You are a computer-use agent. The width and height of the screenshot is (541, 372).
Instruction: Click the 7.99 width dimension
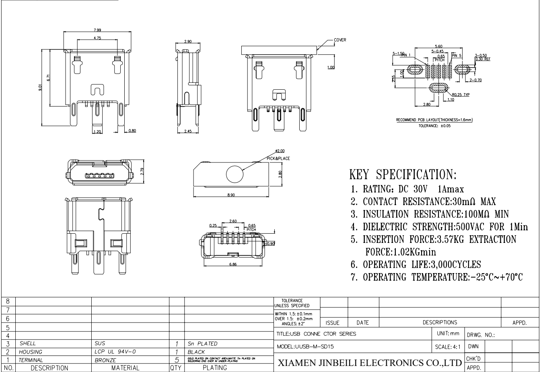(x=97, y=30)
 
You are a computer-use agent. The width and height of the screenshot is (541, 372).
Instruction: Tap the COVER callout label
(x=339, y=40)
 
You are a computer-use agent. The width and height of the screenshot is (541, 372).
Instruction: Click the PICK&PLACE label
(x=278, y=158)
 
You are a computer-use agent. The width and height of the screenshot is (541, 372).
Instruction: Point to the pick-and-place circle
(x=235, y=174)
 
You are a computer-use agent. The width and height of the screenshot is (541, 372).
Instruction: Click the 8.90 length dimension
(x=231, y=195)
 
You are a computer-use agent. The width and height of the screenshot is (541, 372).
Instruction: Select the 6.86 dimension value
(x=233, y=264)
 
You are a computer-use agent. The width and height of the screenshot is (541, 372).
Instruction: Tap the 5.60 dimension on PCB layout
(x=439, y=46)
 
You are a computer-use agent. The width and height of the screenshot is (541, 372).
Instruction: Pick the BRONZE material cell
(x=105, y=360)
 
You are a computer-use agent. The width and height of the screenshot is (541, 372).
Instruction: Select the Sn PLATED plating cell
(x=202, y=344)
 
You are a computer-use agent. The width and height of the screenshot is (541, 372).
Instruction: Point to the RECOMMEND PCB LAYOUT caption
(x=434, y=120)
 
